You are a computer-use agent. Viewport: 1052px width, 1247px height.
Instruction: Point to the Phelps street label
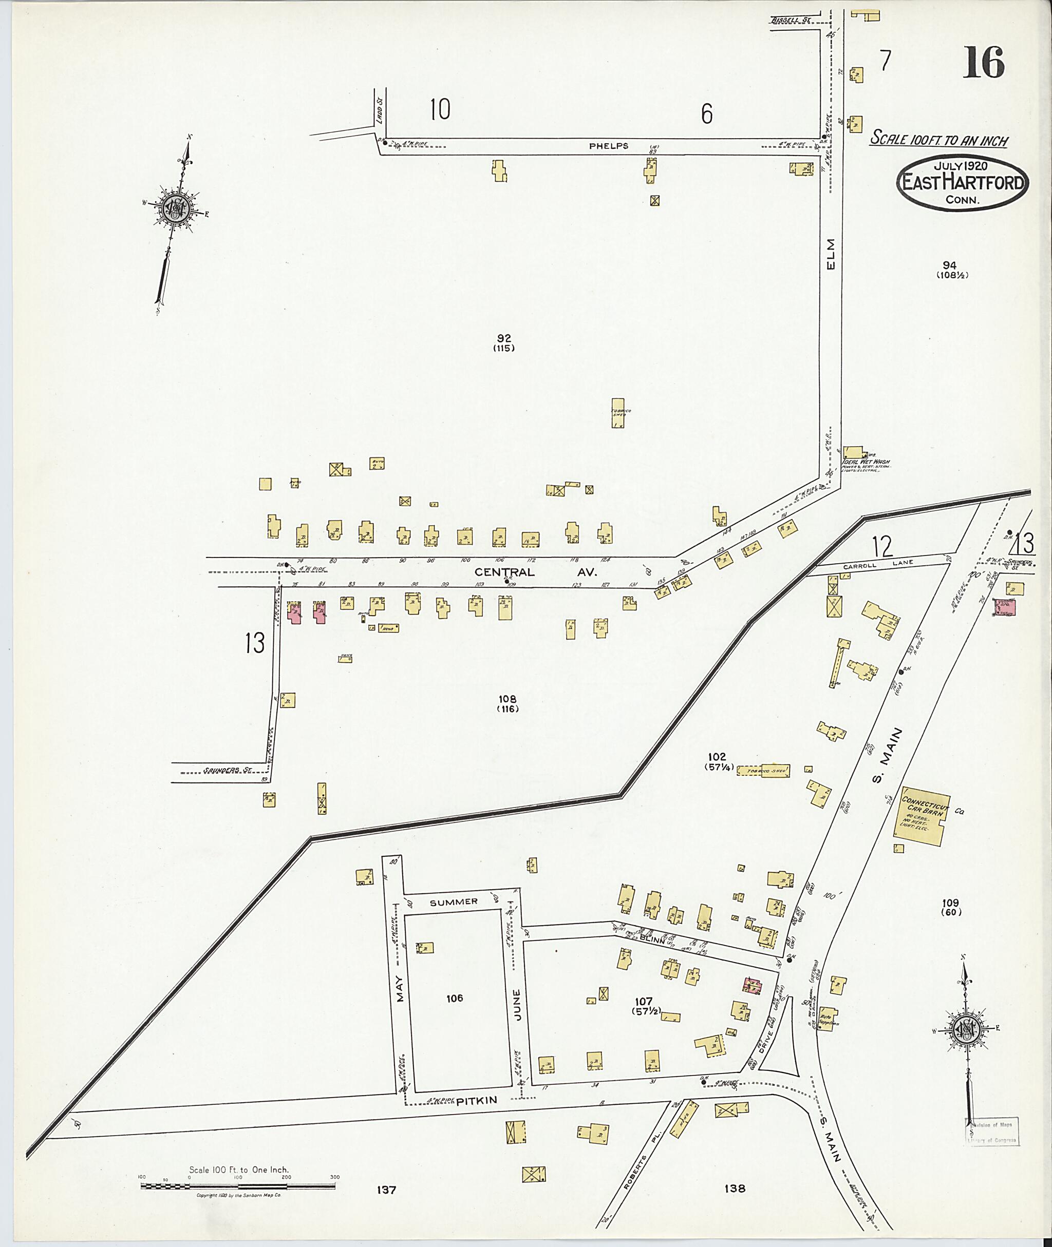click(x=608, y=146)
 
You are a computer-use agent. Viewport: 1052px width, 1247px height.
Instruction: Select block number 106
click(x=455, y=998)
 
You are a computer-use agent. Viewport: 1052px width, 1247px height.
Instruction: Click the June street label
click(x=517, y=1005)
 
